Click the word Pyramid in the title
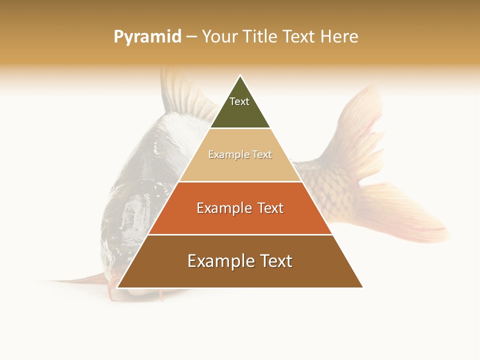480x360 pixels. pyautogui.click(x=147, y=37)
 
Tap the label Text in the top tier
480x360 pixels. pyautogui.click(x=239, y=101)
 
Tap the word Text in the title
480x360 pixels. pyautogui.click(x=299, y=37)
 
